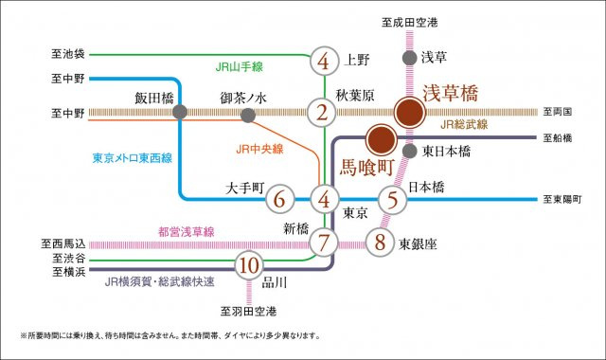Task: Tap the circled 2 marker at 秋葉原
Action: coord(324,114)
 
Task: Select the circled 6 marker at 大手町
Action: coord(278,200)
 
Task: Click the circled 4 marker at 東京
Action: coord(324,200)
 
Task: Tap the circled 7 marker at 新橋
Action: coord(324,242)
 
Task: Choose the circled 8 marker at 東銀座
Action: coord(380,242)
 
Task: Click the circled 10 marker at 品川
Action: coord(250,264)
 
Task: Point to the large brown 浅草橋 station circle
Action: coord(410,114)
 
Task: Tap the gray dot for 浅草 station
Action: coord(409,58)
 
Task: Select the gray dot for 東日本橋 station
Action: coord(409,151)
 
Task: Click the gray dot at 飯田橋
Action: coord(179,114)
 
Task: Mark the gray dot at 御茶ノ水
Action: coord(248,116)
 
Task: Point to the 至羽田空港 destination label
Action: coord(250,310)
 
